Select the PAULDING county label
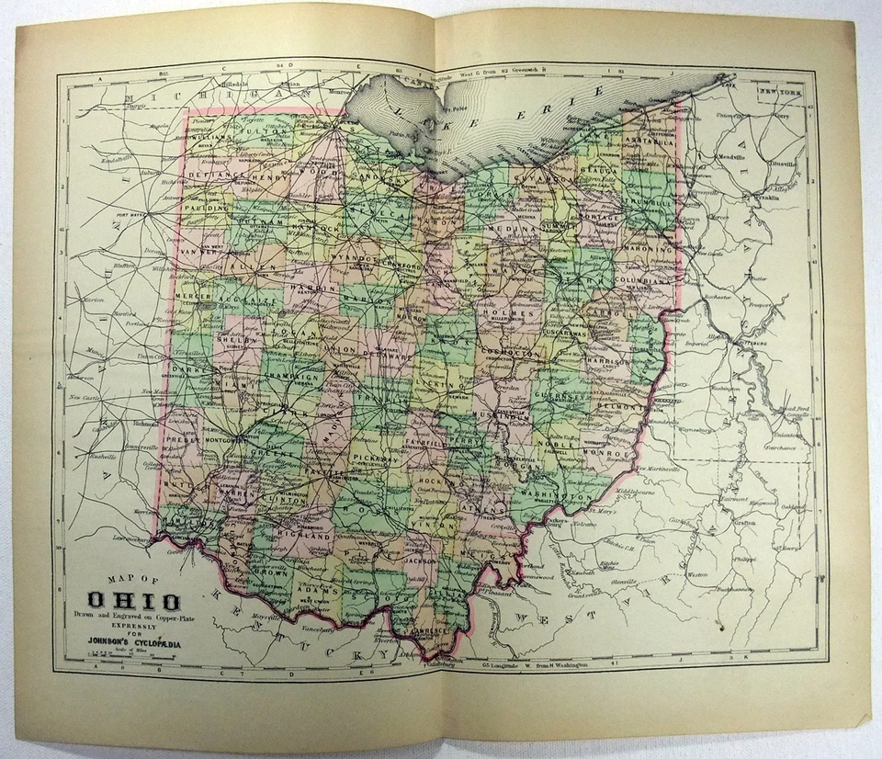coord(210,209)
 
